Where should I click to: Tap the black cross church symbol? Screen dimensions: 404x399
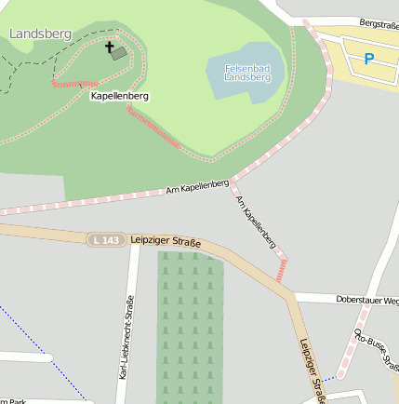108,47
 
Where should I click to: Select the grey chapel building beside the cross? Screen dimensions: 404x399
119,53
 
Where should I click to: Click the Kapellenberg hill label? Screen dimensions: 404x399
120,96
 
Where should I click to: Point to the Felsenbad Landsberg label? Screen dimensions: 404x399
247,73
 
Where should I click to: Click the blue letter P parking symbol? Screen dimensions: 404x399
369,60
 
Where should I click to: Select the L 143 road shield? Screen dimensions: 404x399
106,240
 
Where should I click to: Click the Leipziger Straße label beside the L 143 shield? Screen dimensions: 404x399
166,241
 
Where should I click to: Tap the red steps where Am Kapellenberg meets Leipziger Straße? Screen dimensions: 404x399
281,271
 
